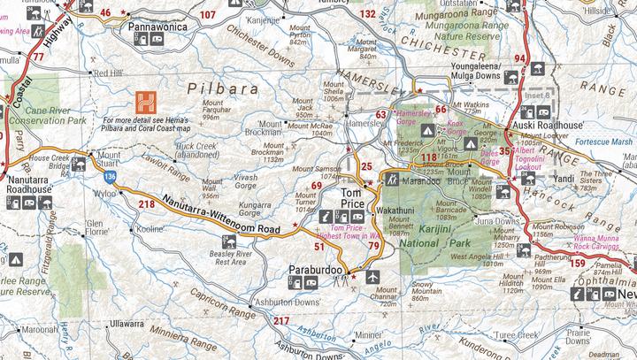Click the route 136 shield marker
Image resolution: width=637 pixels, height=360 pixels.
point(106,177)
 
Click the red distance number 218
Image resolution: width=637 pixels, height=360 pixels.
point(147,204)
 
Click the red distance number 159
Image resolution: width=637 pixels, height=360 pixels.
point(578,263)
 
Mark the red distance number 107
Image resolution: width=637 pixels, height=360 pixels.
point(207,15)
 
